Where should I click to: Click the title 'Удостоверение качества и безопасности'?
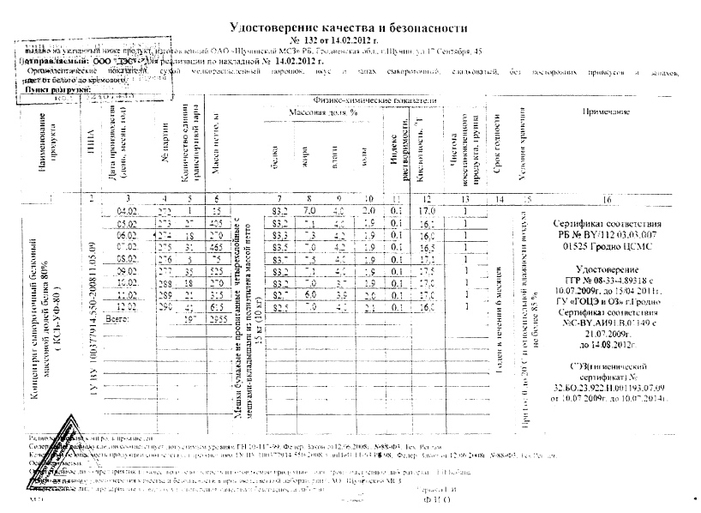click(x=350, y=28)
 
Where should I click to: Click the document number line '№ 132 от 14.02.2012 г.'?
click(x=350, y=39)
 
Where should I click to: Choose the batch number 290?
click(x=165, y=305)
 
